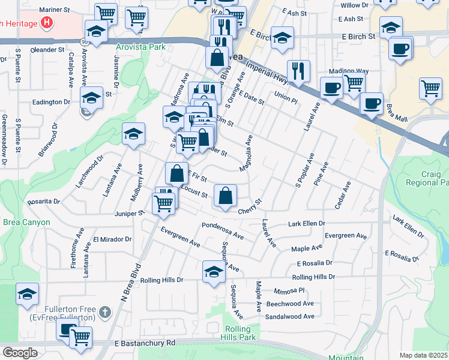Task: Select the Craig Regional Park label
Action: tap(427, 178)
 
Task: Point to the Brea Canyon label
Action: tap(25, 222)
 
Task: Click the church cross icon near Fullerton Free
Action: tap(105, 312)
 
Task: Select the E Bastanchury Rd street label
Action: tap(144, 343)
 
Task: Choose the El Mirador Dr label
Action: tap(112, 239)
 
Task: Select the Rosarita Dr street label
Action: tap(43, 202)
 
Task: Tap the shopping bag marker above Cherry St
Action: tap(225, 196)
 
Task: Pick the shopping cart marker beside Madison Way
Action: tap(354, 82)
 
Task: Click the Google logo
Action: tap(20, 353)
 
